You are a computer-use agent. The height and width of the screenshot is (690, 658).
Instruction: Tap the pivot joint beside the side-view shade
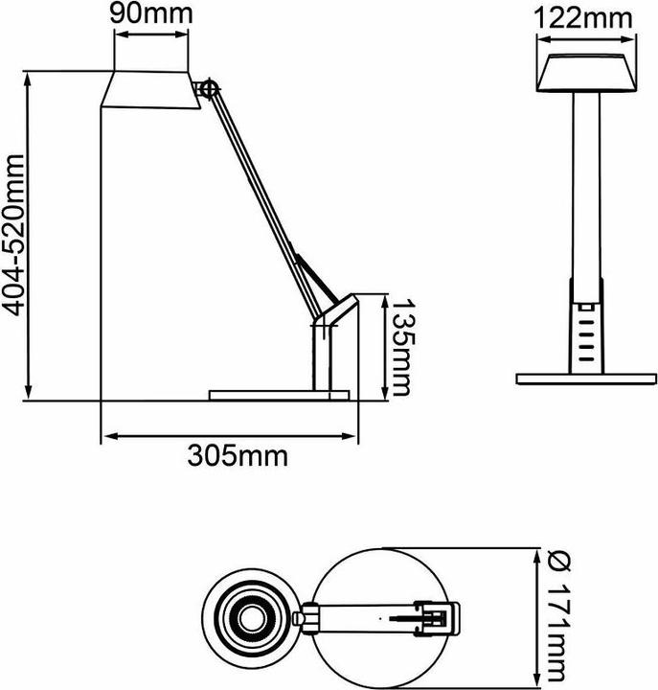coord(209,88)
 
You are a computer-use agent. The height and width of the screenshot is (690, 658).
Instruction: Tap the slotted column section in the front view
coord(585,331)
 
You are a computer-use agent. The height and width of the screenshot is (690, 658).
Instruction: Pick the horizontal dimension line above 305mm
coord(230,436)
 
